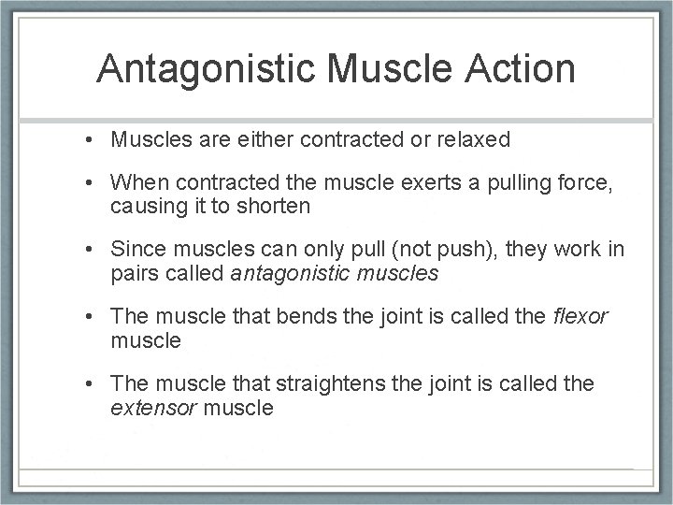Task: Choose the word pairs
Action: coord(136,274)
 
